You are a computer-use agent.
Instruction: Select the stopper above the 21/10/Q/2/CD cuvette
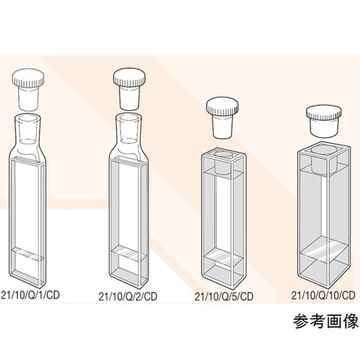(x=130, y=83)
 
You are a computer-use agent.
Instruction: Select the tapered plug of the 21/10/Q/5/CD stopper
(x=222, y=125)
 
